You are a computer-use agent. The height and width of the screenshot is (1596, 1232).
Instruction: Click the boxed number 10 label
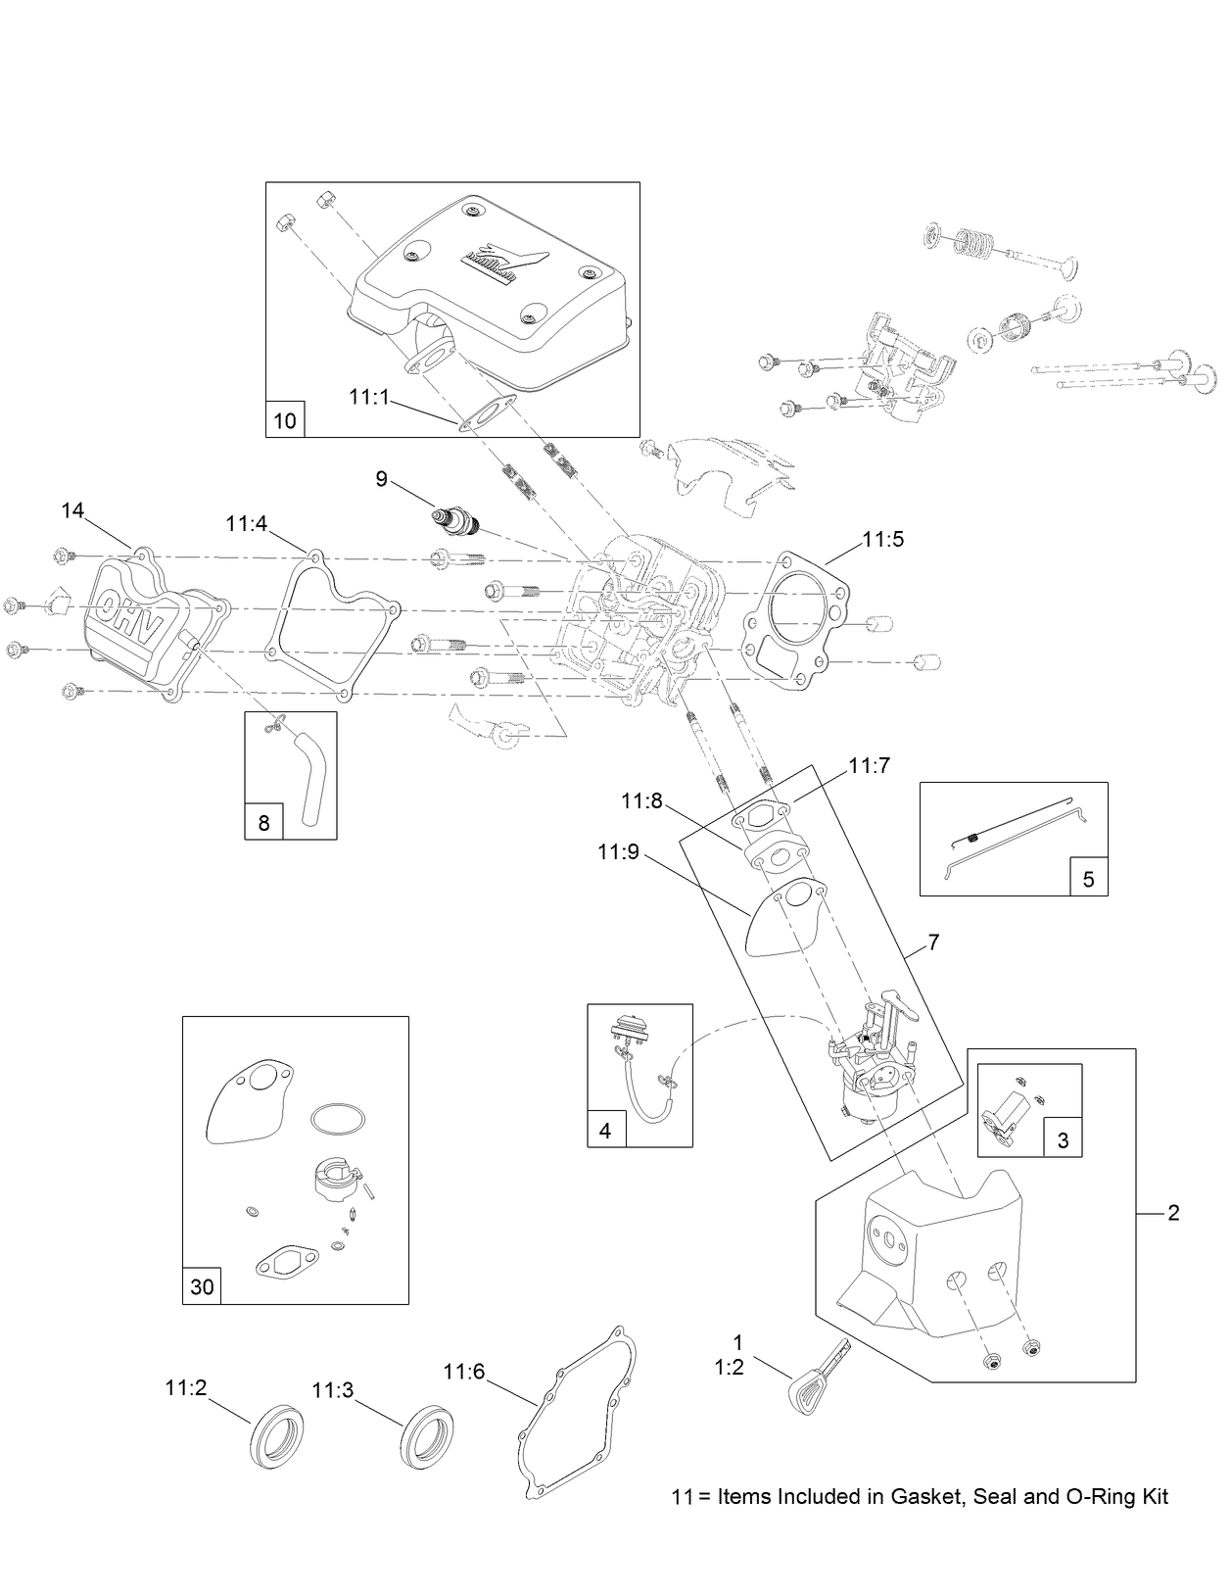coord(285,420)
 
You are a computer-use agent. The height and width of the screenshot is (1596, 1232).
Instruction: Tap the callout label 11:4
coord(246,524)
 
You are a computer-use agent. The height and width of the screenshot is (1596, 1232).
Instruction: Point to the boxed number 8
coord(263,823)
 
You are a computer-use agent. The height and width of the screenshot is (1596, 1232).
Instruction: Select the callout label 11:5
coord(882,539)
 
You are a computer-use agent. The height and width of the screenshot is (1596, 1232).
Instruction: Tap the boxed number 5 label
coord(1088,879)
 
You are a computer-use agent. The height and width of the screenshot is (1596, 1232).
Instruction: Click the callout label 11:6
coord(463,1372)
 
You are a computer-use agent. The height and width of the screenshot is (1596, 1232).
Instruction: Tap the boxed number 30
coord(202,1286)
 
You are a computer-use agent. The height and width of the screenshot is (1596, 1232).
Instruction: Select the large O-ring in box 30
coord(339,1117)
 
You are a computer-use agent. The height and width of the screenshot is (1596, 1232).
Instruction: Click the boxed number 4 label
coord(605,1130)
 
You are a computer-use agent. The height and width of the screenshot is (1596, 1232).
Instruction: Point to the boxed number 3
coord(1064,1140)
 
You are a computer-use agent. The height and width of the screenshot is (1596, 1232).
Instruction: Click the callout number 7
coord(933,943)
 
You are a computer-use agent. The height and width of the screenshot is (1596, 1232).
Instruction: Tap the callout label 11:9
coord(618,852)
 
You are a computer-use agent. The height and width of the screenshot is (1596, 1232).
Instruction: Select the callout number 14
coord(72,510)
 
